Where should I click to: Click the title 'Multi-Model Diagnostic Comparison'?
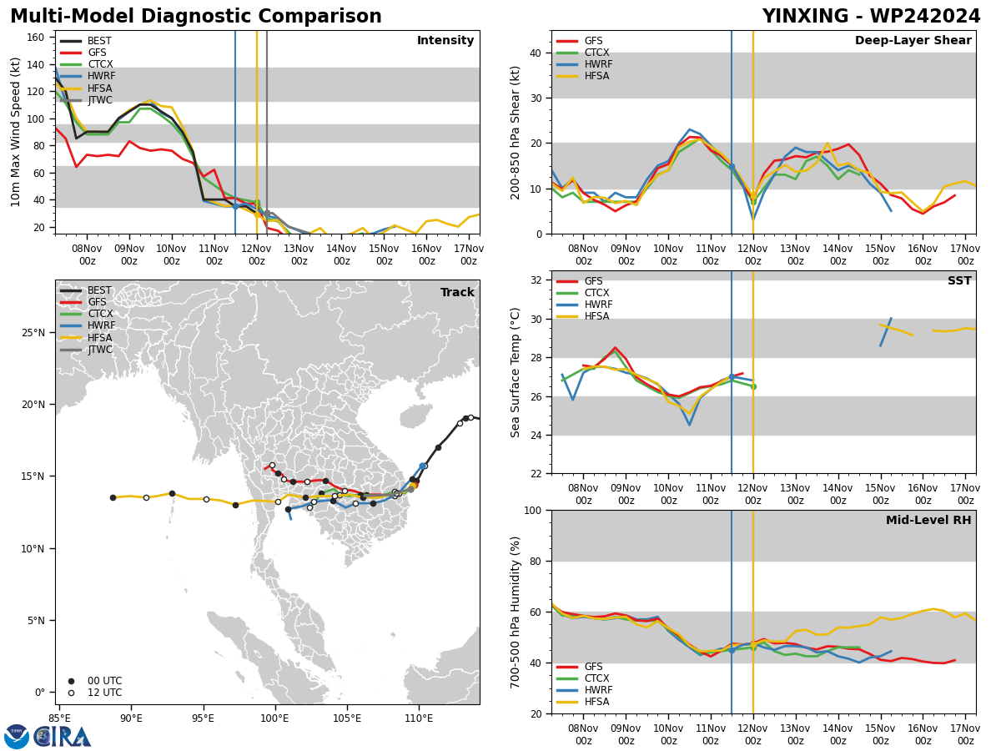click(196, 16)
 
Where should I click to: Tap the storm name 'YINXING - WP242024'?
click(871, 16)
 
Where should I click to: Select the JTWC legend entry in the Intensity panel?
click(86, 100)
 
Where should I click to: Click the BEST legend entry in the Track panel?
click(86, 290)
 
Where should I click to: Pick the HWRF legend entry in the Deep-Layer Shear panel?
click(585, 64)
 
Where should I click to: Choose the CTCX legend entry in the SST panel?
click(583, 293)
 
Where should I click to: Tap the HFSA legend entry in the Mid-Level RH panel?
click(583, 702)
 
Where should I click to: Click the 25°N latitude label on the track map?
click(33, 332)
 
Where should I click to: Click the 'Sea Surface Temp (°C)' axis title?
click(515, 372)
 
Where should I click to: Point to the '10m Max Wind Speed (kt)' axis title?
click(15, 132)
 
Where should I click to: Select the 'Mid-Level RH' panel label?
click(928, 520)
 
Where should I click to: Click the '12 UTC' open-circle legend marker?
click(71, 693)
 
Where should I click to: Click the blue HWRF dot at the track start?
click(423, 466)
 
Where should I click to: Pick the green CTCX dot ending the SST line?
click(754, 386)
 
